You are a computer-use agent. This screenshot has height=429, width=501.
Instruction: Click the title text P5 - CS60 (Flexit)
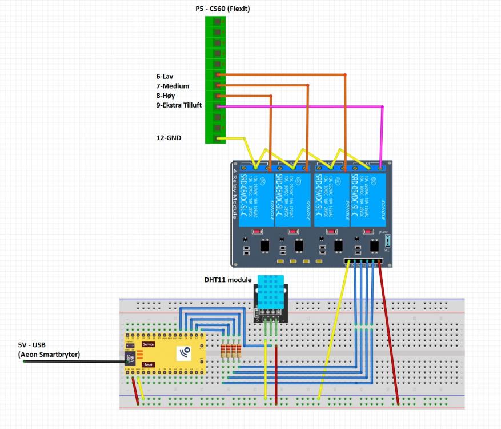[223, 9]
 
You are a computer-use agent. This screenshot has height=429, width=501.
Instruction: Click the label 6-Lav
[166, 76]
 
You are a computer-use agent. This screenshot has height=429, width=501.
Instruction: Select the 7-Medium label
[173, 86]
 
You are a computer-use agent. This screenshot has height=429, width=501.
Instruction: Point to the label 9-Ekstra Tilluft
[179, 106]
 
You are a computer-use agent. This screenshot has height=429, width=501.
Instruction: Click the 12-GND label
[169, 137]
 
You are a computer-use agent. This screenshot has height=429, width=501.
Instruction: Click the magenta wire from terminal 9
[303, 106]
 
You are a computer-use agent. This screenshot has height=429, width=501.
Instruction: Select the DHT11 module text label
[227, 280]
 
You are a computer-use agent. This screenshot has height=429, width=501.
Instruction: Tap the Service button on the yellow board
[149, 344]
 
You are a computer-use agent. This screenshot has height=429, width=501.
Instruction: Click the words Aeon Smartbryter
[49, 355]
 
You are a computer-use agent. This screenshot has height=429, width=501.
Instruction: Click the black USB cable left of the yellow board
[74, 361]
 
